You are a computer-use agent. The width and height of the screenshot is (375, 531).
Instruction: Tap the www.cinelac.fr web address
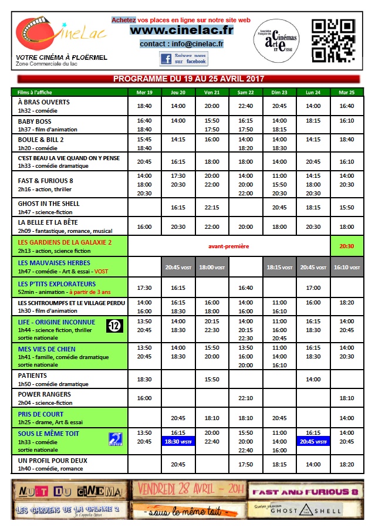(181, 30)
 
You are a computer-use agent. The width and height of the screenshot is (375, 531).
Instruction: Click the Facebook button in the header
(183, 59)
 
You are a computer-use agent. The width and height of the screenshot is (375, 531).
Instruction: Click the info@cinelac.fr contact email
(181, 44)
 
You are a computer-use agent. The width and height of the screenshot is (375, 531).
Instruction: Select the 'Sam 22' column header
(245, 92)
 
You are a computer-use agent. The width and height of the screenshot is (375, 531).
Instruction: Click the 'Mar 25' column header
(347, 92)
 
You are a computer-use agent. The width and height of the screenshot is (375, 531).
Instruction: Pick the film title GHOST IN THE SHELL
(49, 204)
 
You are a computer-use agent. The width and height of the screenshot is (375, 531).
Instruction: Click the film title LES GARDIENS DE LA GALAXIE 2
(65, 242)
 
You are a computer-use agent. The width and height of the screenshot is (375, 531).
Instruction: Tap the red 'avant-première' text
(229, 246)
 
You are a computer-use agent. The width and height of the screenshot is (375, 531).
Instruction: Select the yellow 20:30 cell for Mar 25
(347, 246)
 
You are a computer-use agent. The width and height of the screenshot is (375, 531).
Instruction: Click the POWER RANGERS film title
(45, 394)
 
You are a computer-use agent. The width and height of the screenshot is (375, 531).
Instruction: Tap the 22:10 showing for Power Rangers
(245, 398)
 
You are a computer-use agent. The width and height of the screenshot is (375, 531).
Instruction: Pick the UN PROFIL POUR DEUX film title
(53, 460)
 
